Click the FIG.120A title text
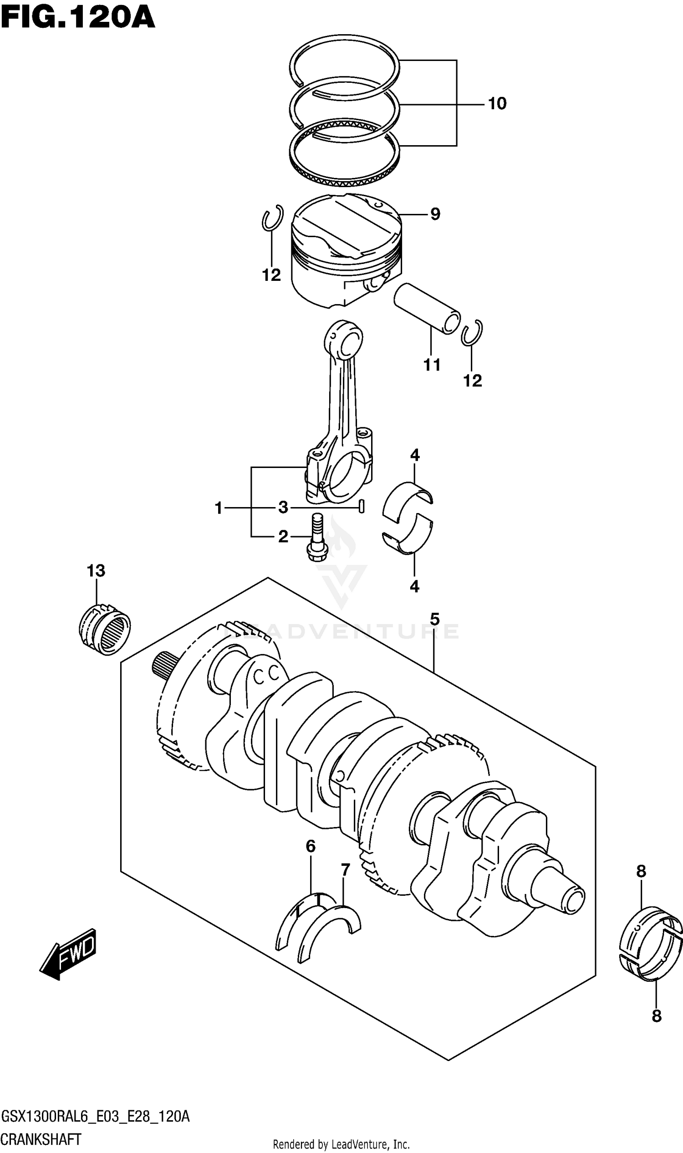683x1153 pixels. point(77,18)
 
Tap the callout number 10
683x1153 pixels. point(497,104)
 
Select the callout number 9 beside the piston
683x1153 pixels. point(435,214)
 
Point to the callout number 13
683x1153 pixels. point(96,571)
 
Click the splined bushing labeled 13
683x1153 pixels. point(104,629)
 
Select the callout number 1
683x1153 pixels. point(219,508)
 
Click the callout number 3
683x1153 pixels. point(283,508)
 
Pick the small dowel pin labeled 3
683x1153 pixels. point(362,506)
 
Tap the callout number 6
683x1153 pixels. point(311,846)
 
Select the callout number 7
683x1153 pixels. point(345,870)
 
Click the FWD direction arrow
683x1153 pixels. point(69,953)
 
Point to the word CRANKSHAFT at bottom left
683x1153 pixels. point(41,1140)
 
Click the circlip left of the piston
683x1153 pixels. point(271,218)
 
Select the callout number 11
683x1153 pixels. point(432,365)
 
